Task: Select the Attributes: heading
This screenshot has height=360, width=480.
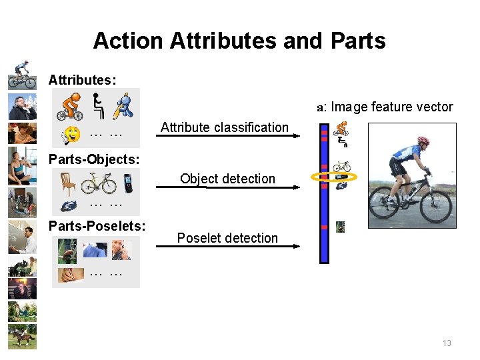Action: pos(82,80)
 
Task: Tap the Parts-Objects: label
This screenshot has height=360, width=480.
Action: pos(94,160)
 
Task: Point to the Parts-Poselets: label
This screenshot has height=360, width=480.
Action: pos(97,226)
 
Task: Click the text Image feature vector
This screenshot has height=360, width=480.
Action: pos(391,107)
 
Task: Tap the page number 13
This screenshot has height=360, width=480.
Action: pos(447,343)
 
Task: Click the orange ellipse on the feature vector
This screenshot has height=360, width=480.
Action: pos(334,177)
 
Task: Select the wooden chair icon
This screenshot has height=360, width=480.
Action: pos(68,183)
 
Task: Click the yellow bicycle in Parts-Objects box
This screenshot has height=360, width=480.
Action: pos(99,183)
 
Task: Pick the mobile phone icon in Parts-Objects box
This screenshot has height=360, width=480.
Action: pos(128,183)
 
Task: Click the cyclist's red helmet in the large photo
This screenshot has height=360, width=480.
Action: pos(423,141)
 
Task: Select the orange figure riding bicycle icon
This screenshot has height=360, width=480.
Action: pos(69,106)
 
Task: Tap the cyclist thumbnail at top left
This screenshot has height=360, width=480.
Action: pos(22,75)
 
